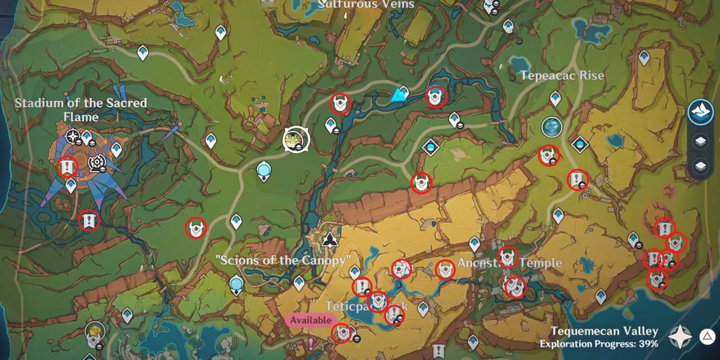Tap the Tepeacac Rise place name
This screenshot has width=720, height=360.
coord(562,75)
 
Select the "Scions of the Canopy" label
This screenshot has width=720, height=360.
coord(283,261)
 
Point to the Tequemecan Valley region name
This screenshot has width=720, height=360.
coord(604,331)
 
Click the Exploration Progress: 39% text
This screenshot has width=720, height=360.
coord(599,344)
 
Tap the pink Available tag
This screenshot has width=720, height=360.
coord(311,320)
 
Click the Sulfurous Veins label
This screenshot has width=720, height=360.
coord(366,4)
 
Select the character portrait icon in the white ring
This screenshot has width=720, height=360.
coord(296,140)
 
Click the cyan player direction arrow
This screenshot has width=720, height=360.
coord(398,95)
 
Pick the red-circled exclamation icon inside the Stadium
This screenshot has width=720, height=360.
coord(67,167)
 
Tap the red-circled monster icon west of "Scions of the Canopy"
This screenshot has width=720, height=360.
coord(195,228)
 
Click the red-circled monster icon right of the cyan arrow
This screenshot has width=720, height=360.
coord(435,97)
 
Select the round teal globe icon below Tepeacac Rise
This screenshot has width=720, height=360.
coord(552,127)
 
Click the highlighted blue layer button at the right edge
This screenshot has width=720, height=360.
coord(700,112)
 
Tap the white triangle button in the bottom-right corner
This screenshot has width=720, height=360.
coord(707,336)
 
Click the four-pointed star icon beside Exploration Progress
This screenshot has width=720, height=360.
coord(680,337)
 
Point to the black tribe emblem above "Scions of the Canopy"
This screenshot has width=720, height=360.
coord(330,239)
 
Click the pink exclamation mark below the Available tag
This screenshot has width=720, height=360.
coord(311,343)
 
